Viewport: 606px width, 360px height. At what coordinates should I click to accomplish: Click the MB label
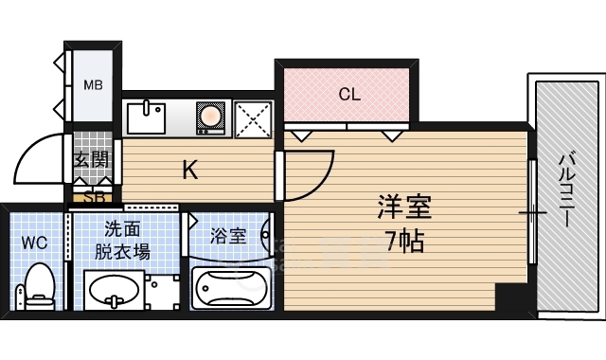point(93,84)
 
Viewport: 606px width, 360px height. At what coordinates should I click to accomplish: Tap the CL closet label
point(349,94)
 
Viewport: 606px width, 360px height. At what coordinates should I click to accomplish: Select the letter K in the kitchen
point(190,170)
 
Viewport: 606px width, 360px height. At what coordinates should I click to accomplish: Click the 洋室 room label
point(404,207)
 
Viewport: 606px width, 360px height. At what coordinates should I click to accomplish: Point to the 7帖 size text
point(405,242)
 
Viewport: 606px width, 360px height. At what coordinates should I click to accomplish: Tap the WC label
point(34,243)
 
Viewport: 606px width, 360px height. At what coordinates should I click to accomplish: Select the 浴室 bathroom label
point(228,236)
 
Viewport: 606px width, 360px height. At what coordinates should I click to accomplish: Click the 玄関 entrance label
point(92,158)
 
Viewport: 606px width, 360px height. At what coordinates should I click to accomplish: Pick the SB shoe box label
point(94,197)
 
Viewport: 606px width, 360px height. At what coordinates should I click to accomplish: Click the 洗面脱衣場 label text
point(122,241)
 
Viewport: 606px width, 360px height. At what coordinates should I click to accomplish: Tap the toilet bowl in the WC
point(40,285)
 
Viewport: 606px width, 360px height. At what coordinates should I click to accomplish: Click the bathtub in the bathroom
point(231,287)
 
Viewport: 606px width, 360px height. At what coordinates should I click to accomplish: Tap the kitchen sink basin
point(146,118)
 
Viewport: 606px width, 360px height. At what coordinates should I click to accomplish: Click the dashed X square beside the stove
point(253,118)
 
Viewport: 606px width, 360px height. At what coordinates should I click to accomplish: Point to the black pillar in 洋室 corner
point(511,297)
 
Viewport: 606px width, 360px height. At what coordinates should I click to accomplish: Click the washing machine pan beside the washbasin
point(162,292)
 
